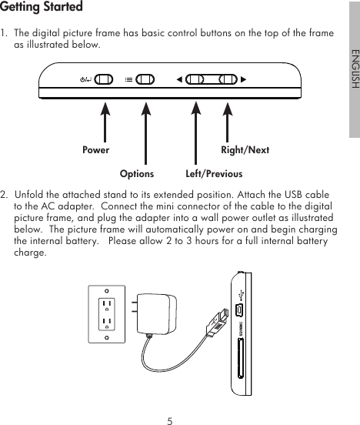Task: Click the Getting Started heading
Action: (x=42, y=8)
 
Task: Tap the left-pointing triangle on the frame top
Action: (x=179, y=79)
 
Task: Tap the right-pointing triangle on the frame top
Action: (x=244, y=79)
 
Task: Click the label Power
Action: (x=95, y=150)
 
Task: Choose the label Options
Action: (x=137, y=173)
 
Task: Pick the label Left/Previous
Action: (x=214, y=173)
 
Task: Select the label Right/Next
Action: (x=245, y=150)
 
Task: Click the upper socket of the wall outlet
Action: (x=106, y=303)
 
